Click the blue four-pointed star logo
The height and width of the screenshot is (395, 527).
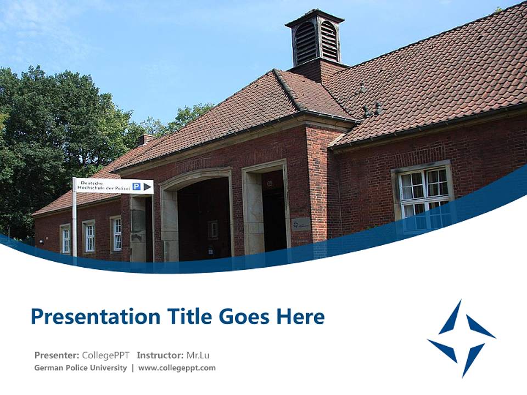point(462,338)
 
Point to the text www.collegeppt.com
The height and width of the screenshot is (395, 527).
point(177,368)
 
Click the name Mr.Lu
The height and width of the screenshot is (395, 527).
point(198,355)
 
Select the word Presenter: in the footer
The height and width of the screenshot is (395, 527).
point(57,355)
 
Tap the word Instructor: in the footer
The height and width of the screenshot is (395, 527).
point(160,355)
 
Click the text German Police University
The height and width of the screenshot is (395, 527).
point(80,368)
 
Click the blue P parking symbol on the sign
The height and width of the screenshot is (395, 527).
point(136,187)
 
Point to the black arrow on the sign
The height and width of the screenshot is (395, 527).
point(147,187)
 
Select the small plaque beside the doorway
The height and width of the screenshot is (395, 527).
point(300,224)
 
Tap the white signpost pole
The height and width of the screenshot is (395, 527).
point(75,225)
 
